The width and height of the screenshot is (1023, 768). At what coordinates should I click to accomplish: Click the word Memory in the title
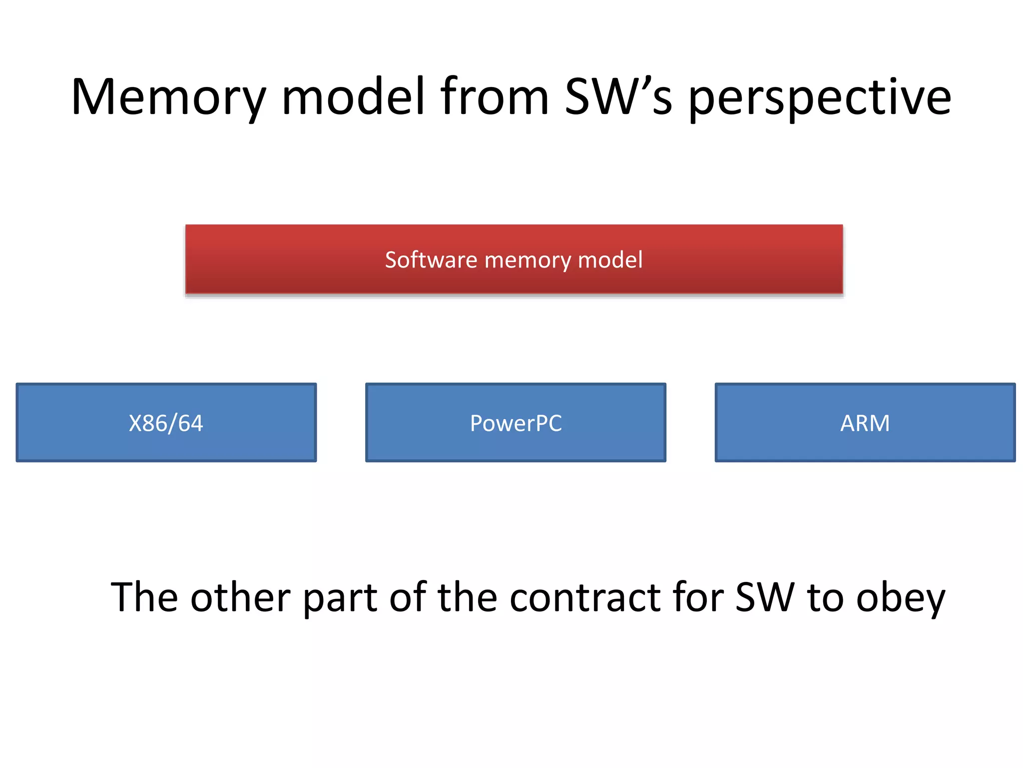[x=168, y=97]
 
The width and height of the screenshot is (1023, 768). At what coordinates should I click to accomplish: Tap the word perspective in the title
[x=820, y=97]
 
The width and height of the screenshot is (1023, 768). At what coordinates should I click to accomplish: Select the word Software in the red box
[x=431, y=260]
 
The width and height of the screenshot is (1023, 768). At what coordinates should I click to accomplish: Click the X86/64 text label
[x=166, y=423]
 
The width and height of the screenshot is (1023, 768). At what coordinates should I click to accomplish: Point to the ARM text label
[x=865, y=423]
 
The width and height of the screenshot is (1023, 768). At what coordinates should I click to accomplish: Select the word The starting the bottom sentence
[x=144, y=597]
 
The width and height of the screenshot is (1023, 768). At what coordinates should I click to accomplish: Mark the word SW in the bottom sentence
[x=764, y=597]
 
